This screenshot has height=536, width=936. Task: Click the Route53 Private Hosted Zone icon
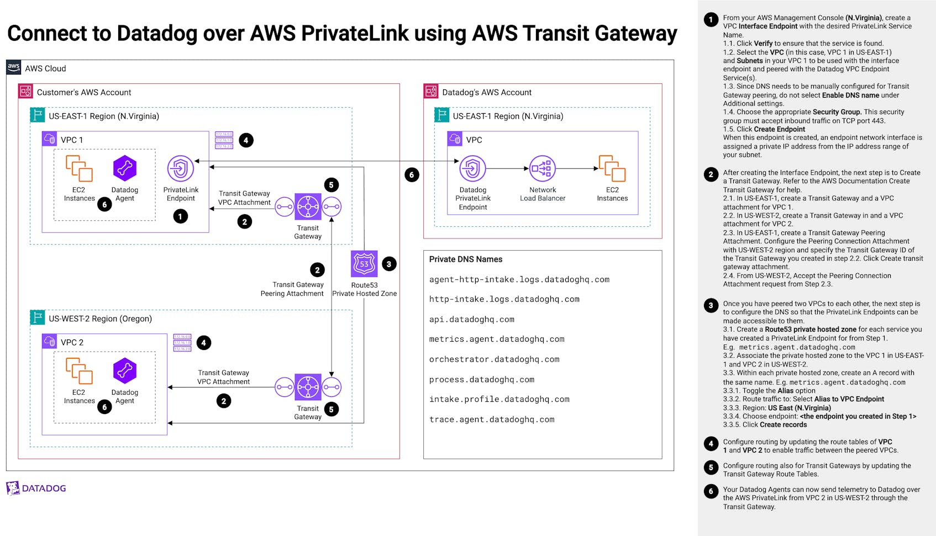click(x=364, y=264)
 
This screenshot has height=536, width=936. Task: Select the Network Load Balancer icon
click(x=542, y=168)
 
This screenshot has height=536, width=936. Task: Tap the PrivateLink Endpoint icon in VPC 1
click(x=181, y=168)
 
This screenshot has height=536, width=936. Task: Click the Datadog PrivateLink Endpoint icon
click(x=472, y=168)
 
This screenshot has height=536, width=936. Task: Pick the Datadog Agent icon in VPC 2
click(x=125, y=371)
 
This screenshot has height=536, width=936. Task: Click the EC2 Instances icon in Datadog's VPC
click(x=612, y=168)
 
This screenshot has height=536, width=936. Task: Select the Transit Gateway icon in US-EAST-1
click(x=308, y=208)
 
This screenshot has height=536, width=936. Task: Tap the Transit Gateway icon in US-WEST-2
click(x=308, y=388)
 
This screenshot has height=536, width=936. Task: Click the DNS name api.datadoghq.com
click(x=471, y=320)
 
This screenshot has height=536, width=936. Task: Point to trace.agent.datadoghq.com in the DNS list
click(x=491, y=420)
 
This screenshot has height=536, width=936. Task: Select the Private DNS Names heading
click(x=465, y=259)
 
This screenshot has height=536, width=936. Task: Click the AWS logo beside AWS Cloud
click(x=14, y=67)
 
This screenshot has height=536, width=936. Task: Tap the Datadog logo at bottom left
click(x=36, y=488)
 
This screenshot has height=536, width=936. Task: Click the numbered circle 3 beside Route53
click(x=389, y=264)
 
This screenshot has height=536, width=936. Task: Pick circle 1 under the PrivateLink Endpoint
click(x=180, y=216)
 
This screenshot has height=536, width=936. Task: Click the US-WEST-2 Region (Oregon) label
click(x=100, y=319)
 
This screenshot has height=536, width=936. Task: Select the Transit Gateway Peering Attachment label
click(x=292, y=289)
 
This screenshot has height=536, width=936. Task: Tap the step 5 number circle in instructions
click(x=711, y=468)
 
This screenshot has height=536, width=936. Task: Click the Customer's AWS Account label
click(x=84, y=92)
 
